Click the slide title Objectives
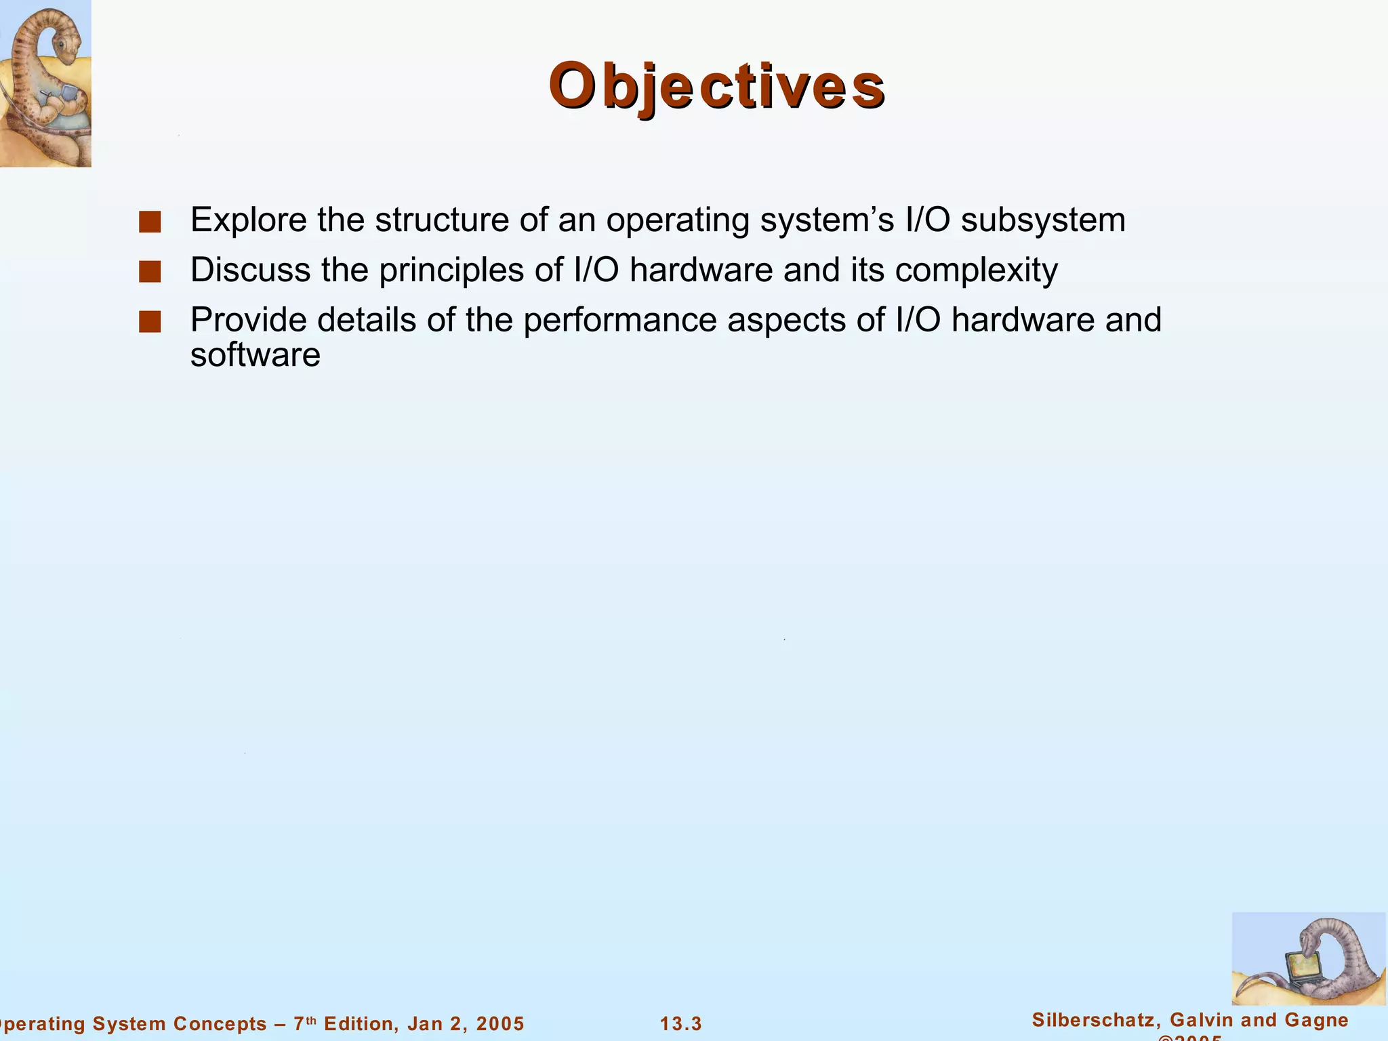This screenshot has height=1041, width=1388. pos(716,87)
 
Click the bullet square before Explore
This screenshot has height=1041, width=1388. pos(150,222)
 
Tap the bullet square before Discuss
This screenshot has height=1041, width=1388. pos(150,272)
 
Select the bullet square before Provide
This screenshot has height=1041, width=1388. pos(150,323)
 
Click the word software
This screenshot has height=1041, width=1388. pos(255,355)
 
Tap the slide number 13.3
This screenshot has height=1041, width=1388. pos(681,1024)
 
